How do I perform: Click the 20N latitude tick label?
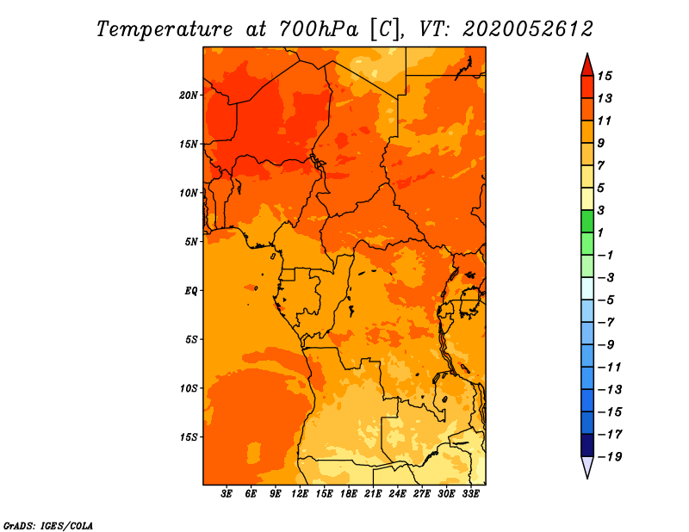(x=189, y=96)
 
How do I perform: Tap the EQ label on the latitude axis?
(x=191, y=291)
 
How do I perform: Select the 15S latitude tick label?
(x=189, y=437)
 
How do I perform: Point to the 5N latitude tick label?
(x=191, y=242)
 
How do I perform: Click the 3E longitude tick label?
(x=227, y=494)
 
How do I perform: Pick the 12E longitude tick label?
(x=300, y=494)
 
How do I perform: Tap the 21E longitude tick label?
(x=373, y=494)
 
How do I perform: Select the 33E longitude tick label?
(x=470, y=494)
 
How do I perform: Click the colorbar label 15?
(x=605, y=76)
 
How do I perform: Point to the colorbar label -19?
(x=610, y=457)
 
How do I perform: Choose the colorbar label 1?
(x=600, y=232)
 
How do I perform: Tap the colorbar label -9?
(x=606, y=345)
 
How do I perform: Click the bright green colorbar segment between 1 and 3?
(x=587, y=221)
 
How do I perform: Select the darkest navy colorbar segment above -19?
(x=587, y=445)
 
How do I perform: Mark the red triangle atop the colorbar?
(x=587, y=65)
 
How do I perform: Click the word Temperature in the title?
(x=164, y=29)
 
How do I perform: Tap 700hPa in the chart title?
(x=319, y=29)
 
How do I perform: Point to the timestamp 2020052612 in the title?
(x=528, y=29)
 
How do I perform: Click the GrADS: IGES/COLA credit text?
(x=48, y=525)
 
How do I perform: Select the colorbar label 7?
(x=601, y=165)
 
